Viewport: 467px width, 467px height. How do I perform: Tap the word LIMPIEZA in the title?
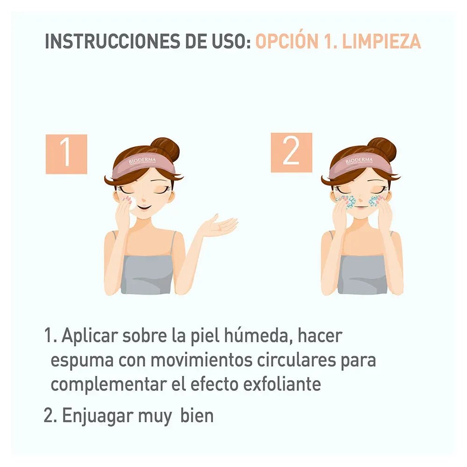[382, 41]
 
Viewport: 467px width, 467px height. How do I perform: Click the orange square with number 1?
[66, 154]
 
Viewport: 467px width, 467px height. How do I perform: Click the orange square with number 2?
[291, 153]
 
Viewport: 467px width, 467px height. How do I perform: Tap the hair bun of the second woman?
[382, 149]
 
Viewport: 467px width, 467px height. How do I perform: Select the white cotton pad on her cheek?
[132, 204]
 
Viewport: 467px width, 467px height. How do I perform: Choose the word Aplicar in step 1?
[88, 336]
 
